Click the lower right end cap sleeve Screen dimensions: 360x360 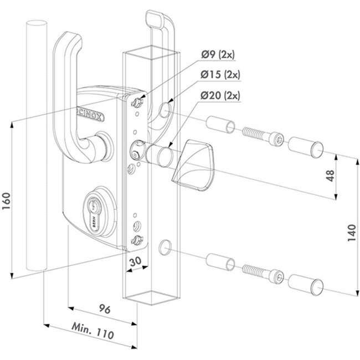pyautogui.click(x=305, y=282)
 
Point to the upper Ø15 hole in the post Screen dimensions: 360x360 pyautogui.click(x=164, y=112)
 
